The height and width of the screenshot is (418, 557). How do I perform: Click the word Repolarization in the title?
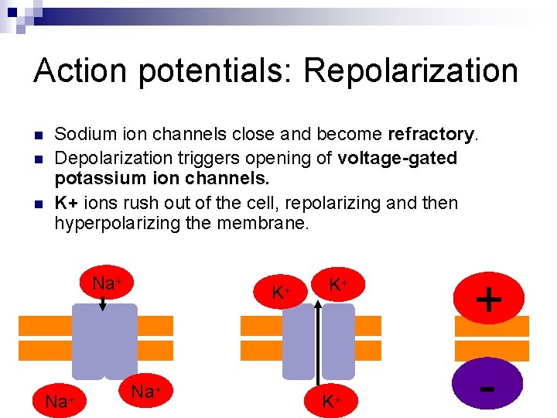(411, 70)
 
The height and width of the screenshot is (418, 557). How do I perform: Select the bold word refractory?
(430, 135)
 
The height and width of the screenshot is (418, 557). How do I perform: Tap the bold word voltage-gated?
(397, 158)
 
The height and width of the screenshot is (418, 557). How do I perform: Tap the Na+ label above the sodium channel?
(108, 283)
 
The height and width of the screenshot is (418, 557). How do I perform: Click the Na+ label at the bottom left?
(60, 401)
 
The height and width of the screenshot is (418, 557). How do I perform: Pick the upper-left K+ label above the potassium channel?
(281, 293)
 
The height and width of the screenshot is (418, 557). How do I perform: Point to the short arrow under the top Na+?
(104, 304)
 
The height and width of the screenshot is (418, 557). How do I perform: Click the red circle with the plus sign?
(489, 296)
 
